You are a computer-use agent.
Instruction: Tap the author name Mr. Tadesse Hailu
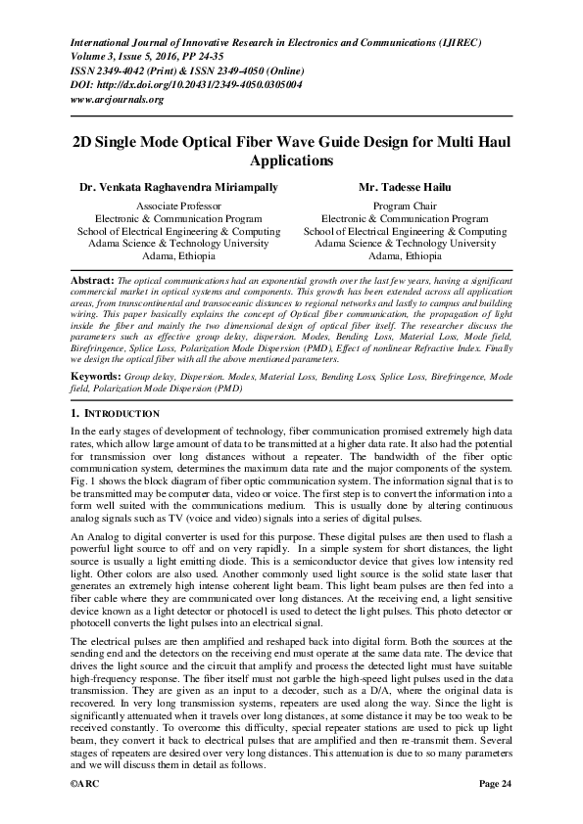405,185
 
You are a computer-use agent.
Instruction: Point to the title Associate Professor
177,206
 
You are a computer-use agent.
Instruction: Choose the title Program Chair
405,206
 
